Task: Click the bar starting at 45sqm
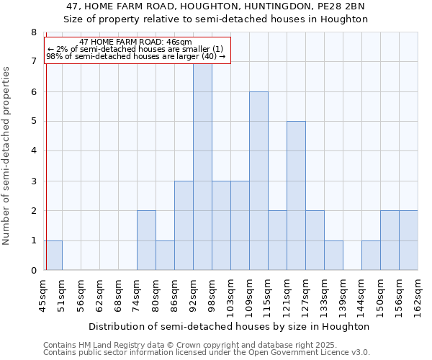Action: pyautogui.click(x=53, y=256)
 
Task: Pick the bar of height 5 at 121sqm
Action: pyautogui.click(x=296, y=196)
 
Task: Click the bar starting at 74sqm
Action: pyautogui.click(x=146, y=240)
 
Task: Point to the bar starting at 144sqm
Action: pyautogui.click(x=371, y=256)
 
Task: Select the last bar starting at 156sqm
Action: pyautogui.click(x=408, y=240)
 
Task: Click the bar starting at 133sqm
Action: pyautogui.click(x=333, y=256)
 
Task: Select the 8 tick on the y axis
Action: pyautogui.click(x=33, y=32)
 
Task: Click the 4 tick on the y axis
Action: pyautogui.click(x=33, y=151)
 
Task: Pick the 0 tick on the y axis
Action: pyautogui.click(x=33, y=271)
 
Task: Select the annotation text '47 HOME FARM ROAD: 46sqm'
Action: pyautogui.click(x=136, y=42)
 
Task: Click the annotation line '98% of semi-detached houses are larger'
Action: pyautogui.click(x=136, y=56)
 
